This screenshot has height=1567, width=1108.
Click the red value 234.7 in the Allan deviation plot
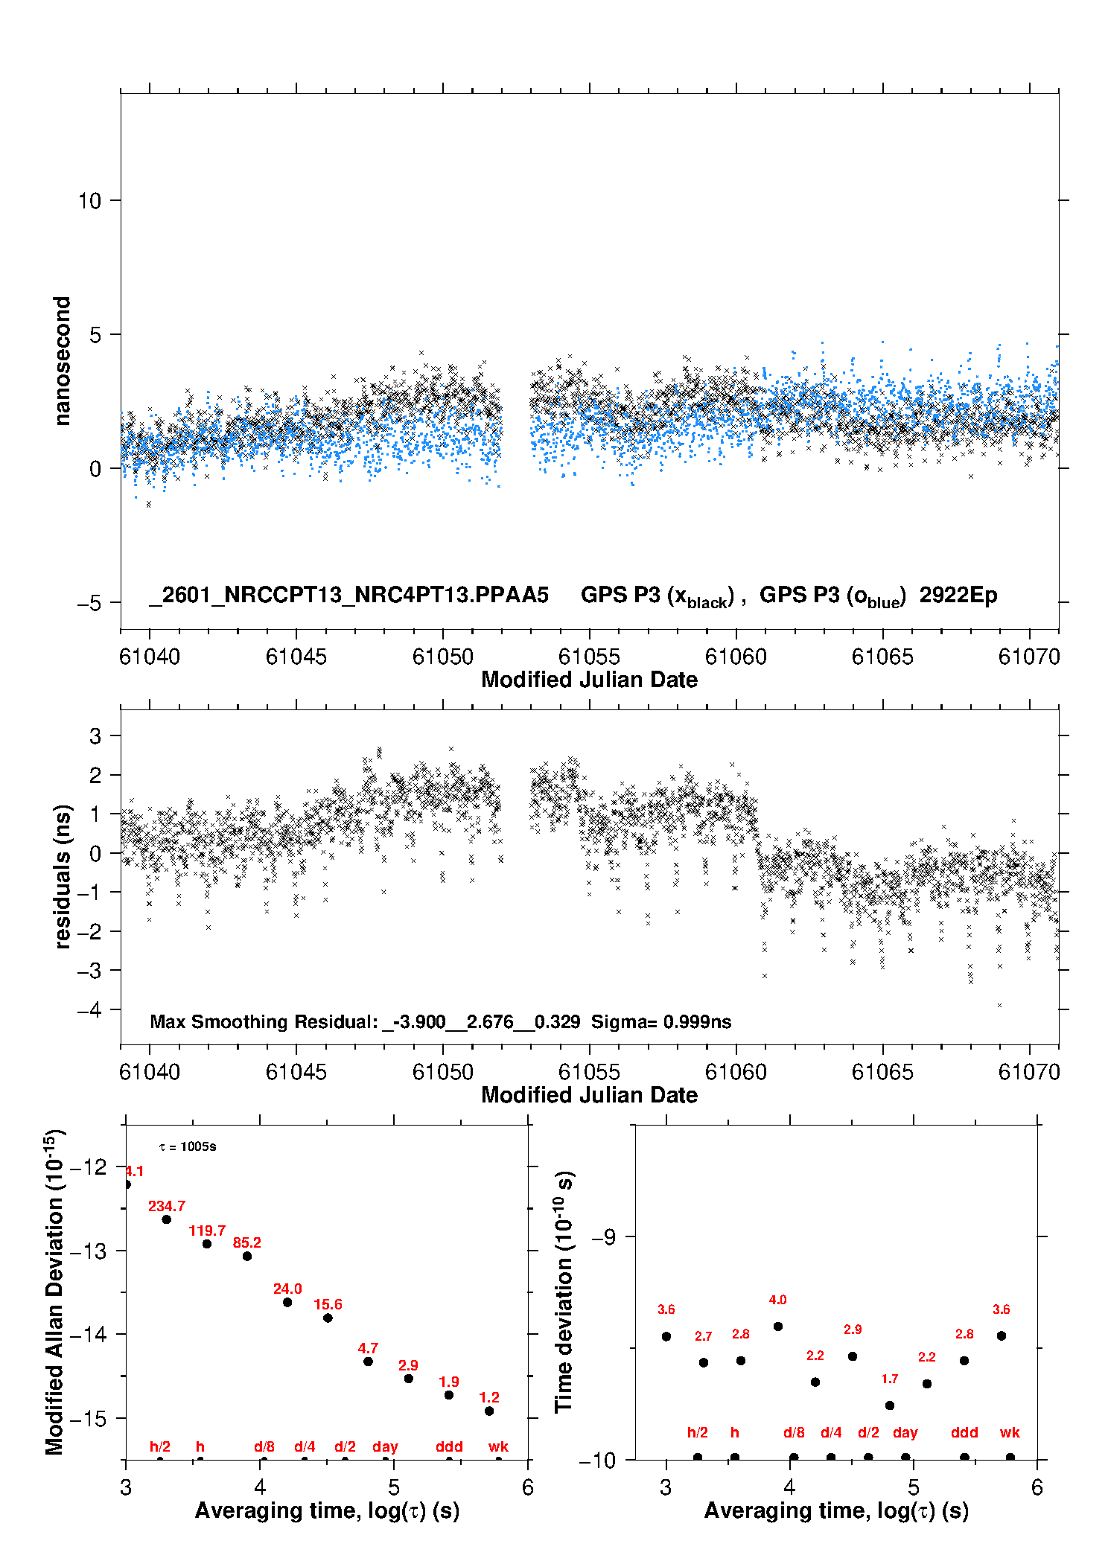coord(166,1206)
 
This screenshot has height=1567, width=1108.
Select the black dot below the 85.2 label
coord(247,1256)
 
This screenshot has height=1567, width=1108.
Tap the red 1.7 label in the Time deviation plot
coord(889,1379)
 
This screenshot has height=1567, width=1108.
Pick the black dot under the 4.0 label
coord(778,1326)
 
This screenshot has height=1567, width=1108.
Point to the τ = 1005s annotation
coord(188,1146)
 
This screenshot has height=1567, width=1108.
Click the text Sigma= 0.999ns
coord(661,1021)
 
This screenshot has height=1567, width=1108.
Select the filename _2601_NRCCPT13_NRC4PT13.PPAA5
coord(348,595)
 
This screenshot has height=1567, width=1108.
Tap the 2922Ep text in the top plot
coord(958,595)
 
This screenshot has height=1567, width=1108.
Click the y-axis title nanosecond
coord(62,361)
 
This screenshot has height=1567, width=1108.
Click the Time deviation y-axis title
coord(564,1292)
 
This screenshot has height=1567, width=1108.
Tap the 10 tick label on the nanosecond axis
coord(89,201)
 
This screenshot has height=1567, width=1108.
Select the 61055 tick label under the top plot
coord(589,657)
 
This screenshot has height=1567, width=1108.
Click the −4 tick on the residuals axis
coord(89,1009)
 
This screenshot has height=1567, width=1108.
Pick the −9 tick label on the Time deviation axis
coord(603,1236)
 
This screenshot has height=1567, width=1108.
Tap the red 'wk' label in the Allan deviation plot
coord(498,1446)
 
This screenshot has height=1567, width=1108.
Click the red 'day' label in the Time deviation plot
coord(905,1432)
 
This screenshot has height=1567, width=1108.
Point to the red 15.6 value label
coord(328,1304)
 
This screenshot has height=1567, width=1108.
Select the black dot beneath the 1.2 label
coord(489,1411)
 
